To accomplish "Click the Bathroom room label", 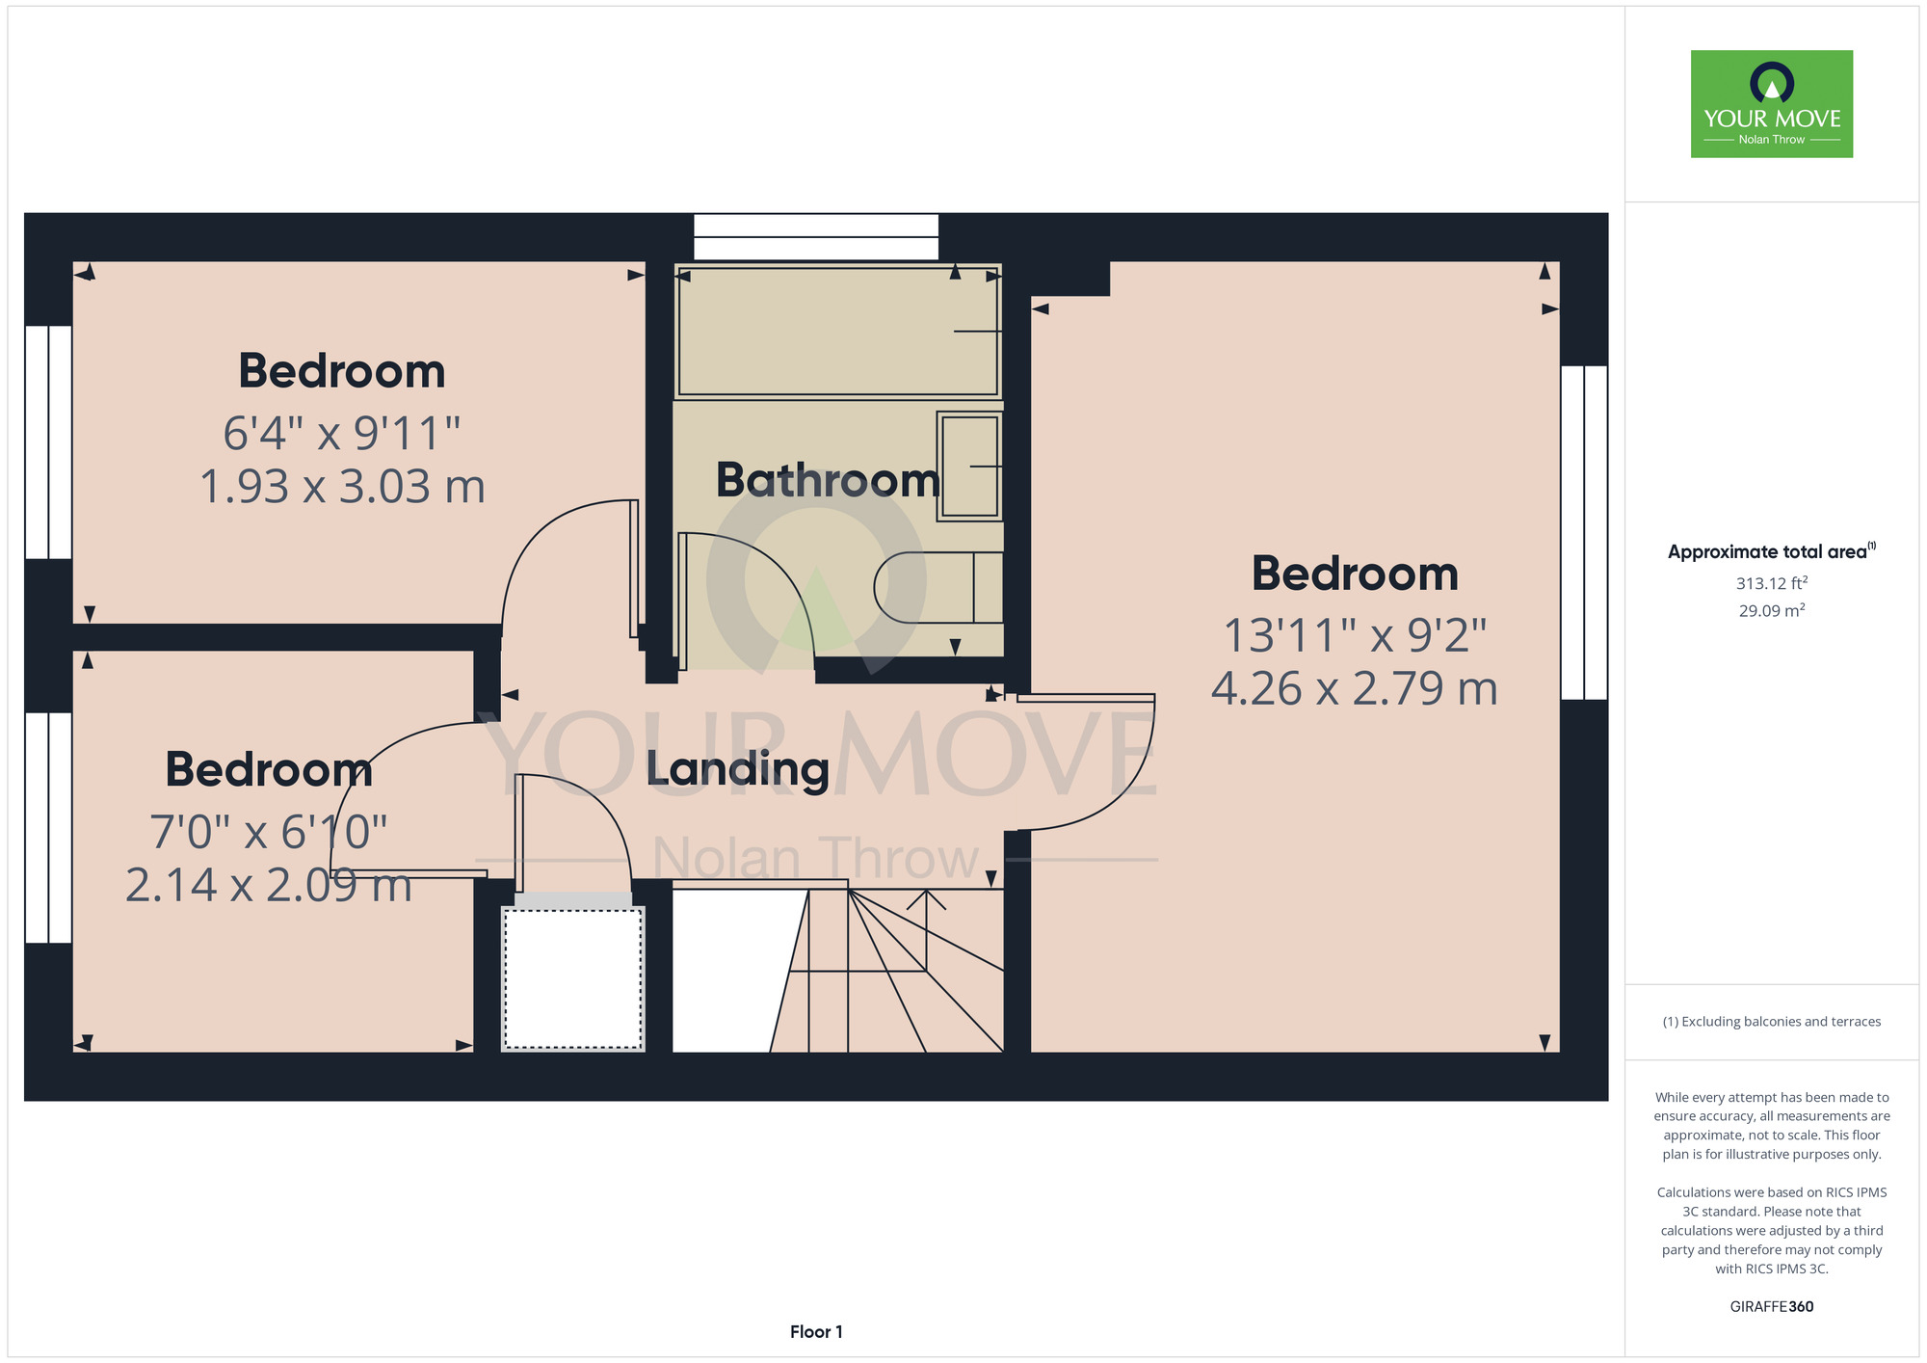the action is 828,480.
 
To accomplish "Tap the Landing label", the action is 737,769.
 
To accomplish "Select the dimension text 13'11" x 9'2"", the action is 1355,635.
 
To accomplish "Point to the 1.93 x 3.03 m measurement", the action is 342,486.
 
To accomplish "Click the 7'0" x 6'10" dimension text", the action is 269,832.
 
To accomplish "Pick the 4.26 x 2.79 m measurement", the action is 1355,688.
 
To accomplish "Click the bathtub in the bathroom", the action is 838,331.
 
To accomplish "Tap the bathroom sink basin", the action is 969,467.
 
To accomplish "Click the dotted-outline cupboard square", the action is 572,978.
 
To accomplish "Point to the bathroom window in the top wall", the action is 816,237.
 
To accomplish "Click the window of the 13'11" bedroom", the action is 1584,532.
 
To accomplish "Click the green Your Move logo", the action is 1772,104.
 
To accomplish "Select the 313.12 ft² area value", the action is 1772,583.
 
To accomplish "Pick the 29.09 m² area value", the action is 1772,610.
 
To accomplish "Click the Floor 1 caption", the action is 816,1331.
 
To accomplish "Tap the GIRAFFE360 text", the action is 1772,1307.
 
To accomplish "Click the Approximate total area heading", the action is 1768,552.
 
